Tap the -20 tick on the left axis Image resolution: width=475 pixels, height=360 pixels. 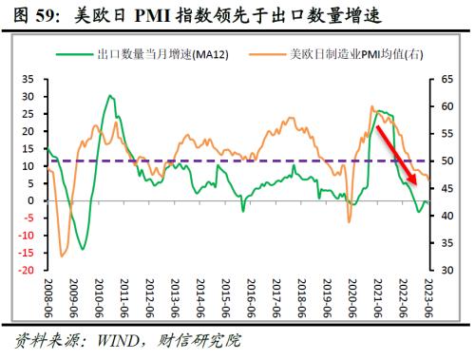pos(26,270)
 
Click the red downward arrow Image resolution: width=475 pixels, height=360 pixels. pos(397,153)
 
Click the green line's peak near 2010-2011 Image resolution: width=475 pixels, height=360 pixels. pos(110,96)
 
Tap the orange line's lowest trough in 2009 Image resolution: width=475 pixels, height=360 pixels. pos(63,256)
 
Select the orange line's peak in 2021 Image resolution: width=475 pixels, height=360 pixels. pos(371,106)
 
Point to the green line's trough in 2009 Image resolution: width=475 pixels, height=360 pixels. pos(83,249)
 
